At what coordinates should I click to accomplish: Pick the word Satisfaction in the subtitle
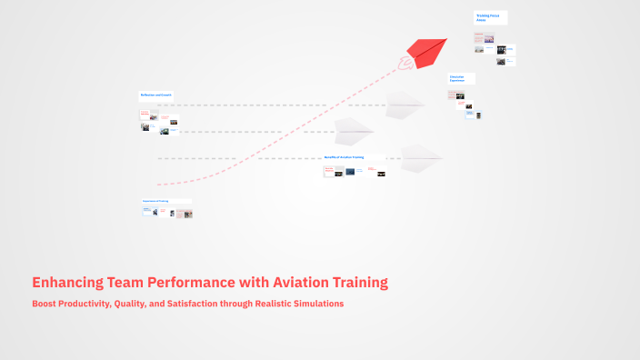(192, 304)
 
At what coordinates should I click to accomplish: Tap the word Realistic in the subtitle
(268, 304)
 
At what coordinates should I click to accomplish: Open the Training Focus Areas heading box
(488, 17)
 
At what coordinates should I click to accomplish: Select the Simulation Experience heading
(459, 79)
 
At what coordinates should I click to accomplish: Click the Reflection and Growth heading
(155, 95)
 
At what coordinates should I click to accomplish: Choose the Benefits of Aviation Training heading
(344, 157)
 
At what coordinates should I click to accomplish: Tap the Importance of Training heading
(155, 201)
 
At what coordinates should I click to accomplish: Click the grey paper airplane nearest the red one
(404, 105)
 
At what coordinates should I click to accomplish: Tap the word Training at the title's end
(363, 282)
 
